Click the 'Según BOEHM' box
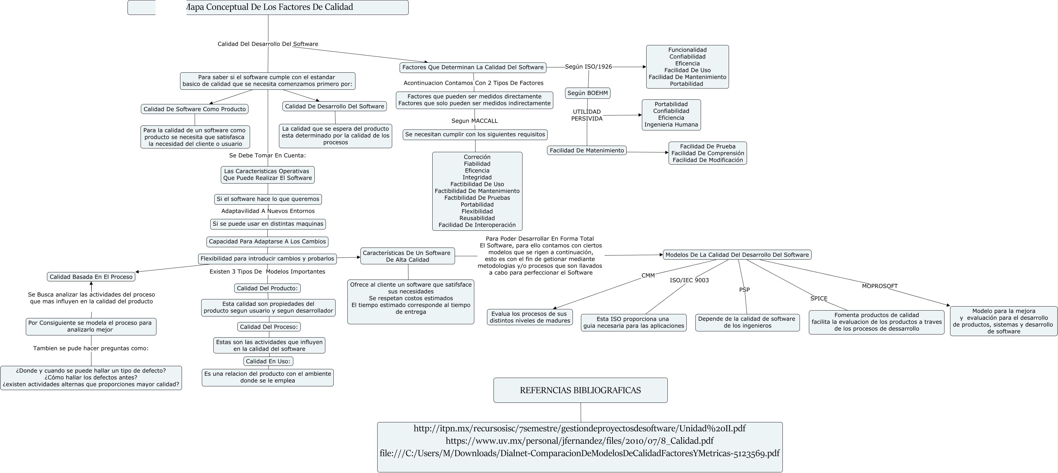coord(587,93)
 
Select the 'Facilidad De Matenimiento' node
coord(587,151)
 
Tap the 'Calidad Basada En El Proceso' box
coord(91,277)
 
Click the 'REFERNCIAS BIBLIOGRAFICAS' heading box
coord(580,390)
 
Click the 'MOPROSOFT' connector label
coord(879,286)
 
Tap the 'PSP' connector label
coord(744,290)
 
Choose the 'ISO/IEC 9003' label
coord(689,280)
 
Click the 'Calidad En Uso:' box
coord(268,362)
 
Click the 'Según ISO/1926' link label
coord(588,66)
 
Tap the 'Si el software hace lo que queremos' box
coord(268,199)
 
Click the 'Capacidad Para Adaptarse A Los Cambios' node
coord(267,242)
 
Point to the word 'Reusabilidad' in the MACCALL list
coord(477,218)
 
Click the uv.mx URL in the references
coord(579,441)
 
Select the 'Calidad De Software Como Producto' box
coord(194,109)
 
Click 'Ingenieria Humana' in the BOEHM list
coord(671,125)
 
